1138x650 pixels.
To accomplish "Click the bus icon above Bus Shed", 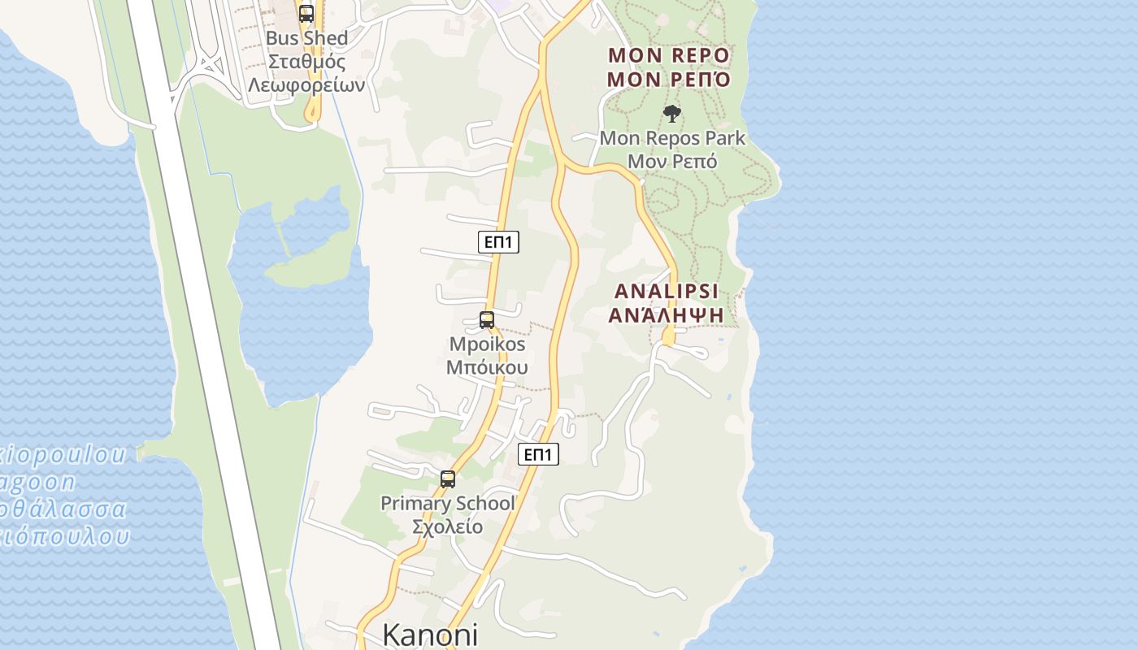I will tap(306, 14).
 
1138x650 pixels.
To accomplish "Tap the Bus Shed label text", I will tap(307, 38).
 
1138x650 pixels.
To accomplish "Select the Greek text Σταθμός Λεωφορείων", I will tap(307, 73).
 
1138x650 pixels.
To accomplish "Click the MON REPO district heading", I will tap(669, 55).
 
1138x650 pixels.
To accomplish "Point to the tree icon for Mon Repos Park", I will tap(671, 114).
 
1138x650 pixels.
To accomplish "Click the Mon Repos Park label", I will tap(672, 138).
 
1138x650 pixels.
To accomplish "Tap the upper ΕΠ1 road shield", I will tap(497, 242).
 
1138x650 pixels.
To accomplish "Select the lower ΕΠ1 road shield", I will tap(538, 455).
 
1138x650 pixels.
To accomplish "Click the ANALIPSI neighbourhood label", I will tap(667, 292).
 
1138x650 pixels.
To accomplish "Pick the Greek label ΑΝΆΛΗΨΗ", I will tap(667, 314).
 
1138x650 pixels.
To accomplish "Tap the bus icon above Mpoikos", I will tap(487, 320).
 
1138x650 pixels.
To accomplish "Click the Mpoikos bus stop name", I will tap(487, 344).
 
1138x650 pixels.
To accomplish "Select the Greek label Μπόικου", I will tap(487, 367).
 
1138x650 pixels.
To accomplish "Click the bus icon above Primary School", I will tap(448, 479).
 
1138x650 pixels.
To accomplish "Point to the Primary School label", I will tap(448, 504).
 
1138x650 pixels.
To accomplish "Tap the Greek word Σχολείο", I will tap(448, 526).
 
